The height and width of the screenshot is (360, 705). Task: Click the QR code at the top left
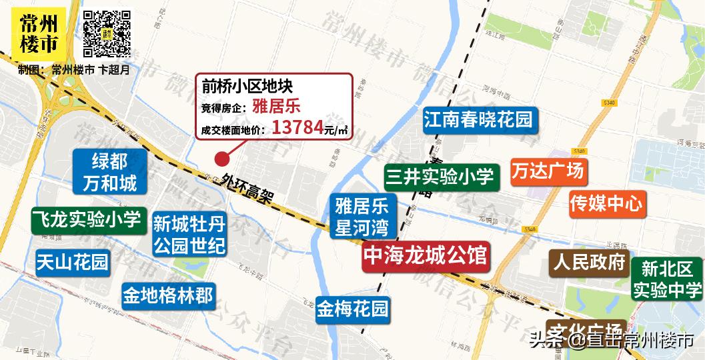pyautogui.click(x=107, y=33)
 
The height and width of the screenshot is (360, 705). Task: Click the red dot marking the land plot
pyautogui.click(x=219, y=159)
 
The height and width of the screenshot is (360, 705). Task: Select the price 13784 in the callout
pyautogui.click(x=297, y=127)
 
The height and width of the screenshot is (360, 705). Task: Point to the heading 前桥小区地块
pyautogui.click(x=247, y=85)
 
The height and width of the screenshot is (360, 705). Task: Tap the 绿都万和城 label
pyautogui.click(x=109, y=171)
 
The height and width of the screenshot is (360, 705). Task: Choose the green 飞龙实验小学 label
pyautogui.click(x=87, y=219)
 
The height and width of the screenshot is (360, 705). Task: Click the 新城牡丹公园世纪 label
pyautogui.click(x=189, y=234)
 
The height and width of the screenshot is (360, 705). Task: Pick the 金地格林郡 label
pyautogui.click(x=167, y=294)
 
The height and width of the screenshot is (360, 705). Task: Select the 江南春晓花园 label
pyautogui.click(x=478, y=120)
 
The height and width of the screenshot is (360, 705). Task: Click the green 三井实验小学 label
pyautogui.click(x=439, y=176)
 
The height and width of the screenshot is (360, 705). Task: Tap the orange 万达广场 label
pyautogui.click(x=548, y=172)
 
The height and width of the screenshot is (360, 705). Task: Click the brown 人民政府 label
pyautogui.click(x=589, y=262)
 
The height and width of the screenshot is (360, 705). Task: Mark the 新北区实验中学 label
pyautogui.click(x=667, y=279)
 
